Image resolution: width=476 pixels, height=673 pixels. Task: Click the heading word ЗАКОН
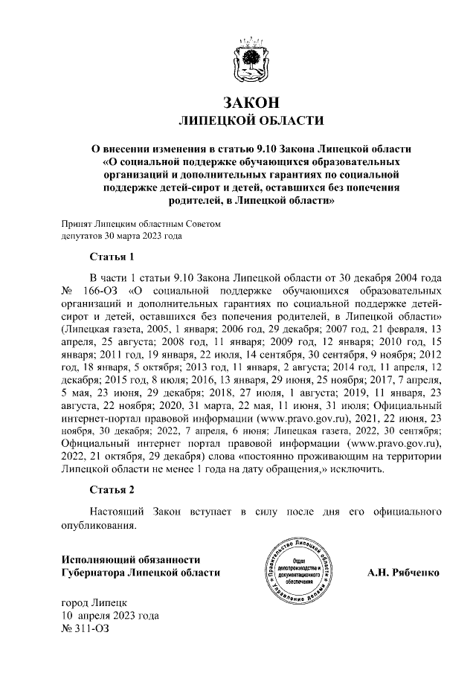[x=251, y=101]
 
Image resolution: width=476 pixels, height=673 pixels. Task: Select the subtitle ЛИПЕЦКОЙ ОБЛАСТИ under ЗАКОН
[x=251, y=120]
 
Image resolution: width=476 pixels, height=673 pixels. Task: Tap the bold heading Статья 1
[x=112, y=257]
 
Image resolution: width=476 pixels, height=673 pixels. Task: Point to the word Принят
[x=77, y=223]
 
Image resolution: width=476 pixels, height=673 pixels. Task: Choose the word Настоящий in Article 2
[x=117, y=512]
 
